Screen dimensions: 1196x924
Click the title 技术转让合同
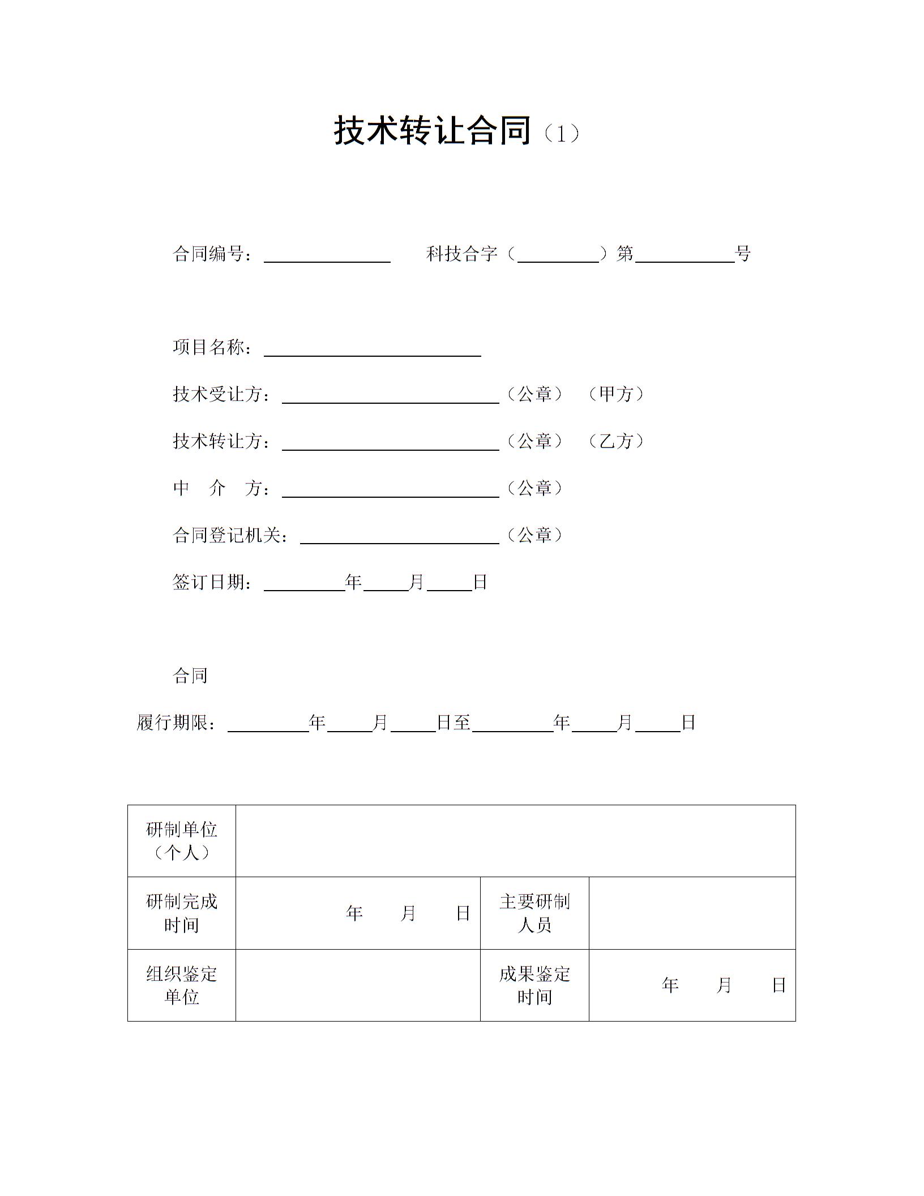point(433,131)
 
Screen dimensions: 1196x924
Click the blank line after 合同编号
point(327,256)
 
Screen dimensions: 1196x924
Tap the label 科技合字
point(461,254)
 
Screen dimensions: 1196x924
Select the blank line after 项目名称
point(372,349)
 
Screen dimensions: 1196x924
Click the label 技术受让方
point(221,394)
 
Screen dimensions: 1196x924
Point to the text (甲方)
point(616,394)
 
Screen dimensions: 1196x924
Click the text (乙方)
point(616,441)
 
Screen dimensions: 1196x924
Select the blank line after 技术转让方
point(390,443)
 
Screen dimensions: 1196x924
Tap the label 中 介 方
point(221,488)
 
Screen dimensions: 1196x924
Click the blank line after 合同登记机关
point(399,537)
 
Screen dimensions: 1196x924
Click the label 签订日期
point(212,582)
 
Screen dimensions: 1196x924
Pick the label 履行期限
point(176,723)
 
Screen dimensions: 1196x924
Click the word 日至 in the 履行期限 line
point(454,723)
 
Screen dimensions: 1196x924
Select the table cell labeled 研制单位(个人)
point(181,841)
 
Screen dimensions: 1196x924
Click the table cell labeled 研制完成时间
point(181,913)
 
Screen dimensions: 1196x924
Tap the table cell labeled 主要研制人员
point(534,913)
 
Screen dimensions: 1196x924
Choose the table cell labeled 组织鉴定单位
point(181,985)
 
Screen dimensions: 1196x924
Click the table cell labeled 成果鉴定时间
point(534,985)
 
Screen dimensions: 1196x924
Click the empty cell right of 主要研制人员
point(692,913)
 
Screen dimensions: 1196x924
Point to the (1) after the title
point(561,134)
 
